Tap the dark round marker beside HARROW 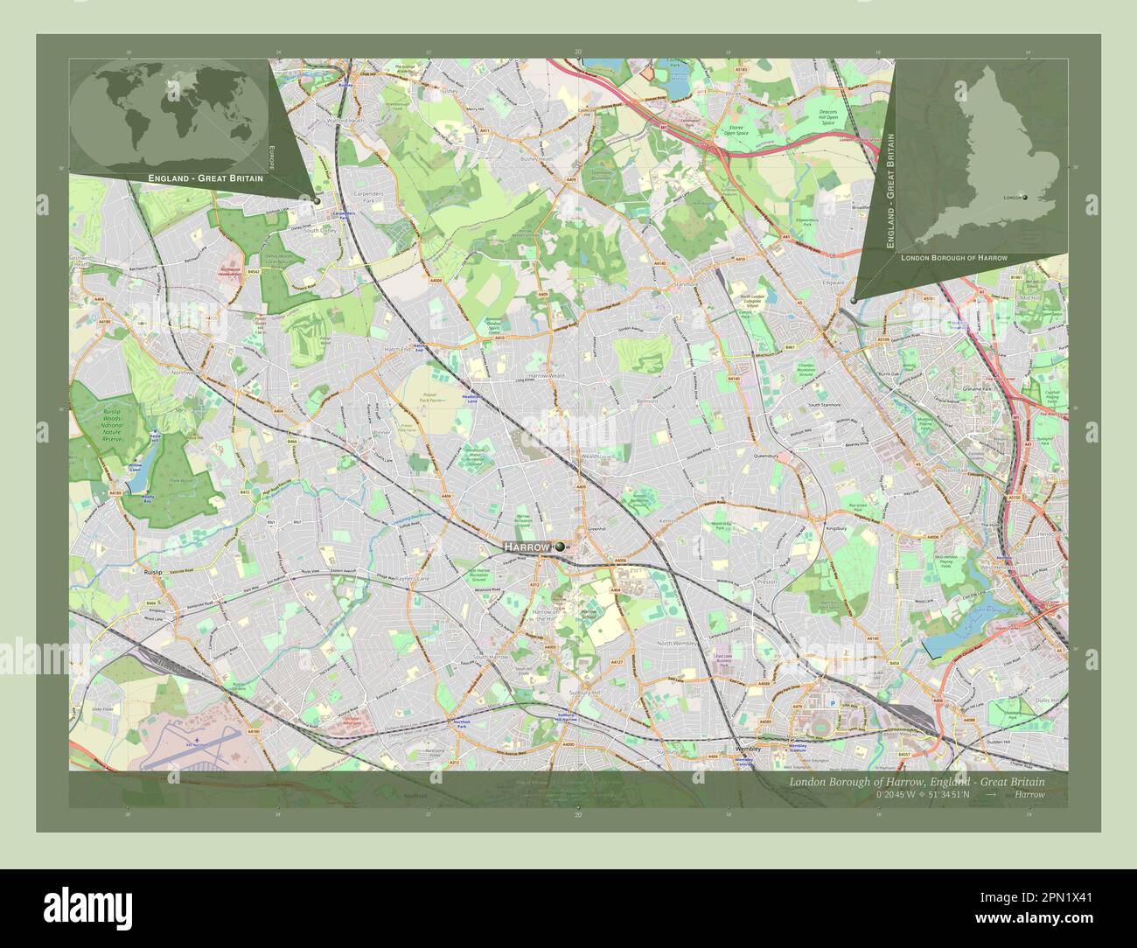[x=559, y=547]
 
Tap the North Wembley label [x=680, y=644]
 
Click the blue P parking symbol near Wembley [x=832, y=703]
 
